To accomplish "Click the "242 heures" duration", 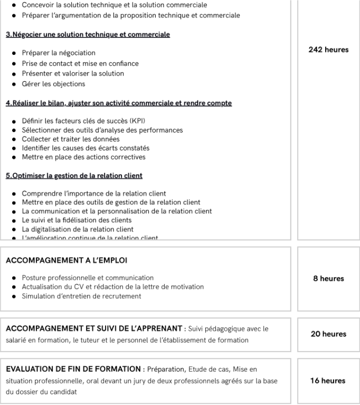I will pyautogui.click(x=328, y=50).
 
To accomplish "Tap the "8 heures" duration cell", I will pyautogui.click(x=328, y=278).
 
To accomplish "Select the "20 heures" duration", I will pyautogui.click(x=328, y=334).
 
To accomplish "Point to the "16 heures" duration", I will pyautogui.click(x=328, y=380).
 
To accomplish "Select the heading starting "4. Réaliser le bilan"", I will pyautogui.click(x=119, y=103).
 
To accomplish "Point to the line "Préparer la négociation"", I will pyautogui.click(x=59, y=53).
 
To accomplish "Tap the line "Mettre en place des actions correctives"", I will pyautogui.click(x=83, y=157).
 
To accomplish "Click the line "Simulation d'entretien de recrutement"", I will pyautogui.click(x=81, y=296).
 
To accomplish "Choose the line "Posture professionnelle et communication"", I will pyautogui.click(x=88, y=278).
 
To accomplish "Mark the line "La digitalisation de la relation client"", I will pyautogui.click(x=78, y=229).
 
